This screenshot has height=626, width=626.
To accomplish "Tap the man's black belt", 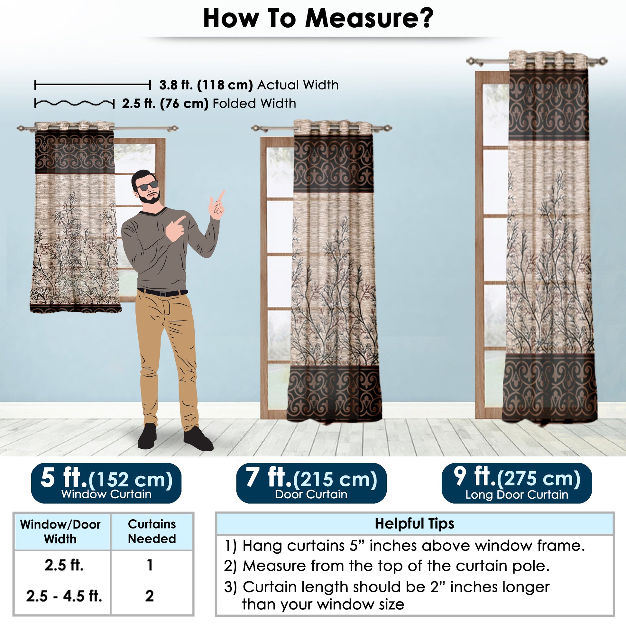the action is pos(162,293).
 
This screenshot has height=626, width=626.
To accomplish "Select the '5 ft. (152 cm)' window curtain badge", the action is pos(106,483).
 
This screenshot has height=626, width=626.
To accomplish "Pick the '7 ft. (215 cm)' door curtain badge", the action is pos(311,483).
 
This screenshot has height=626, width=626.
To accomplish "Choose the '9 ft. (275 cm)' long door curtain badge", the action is pos(517,483).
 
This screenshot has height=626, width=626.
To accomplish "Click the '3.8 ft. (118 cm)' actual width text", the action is pos(206,85).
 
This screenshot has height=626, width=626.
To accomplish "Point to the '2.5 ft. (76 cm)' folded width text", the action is pos(165,104).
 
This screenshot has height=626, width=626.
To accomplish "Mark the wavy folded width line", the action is pos(75,103).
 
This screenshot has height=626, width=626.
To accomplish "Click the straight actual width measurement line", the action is pos(93,85).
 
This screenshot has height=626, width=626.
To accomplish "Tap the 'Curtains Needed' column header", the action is pos(152,531).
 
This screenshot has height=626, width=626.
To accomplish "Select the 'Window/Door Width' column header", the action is pos(60,532).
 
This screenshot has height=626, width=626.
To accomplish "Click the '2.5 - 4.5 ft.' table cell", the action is pos(64,596).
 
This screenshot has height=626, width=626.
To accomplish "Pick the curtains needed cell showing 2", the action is pos(149,596).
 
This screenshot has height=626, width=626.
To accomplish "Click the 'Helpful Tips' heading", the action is pos(414,524).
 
